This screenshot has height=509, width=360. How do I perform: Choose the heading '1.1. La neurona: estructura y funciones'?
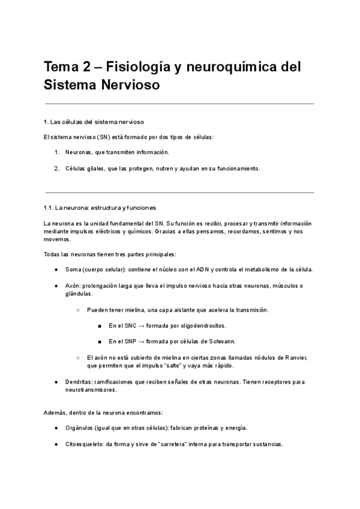pyautogui.click(x=100, y=208)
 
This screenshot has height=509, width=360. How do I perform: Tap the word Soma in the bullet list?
pyautogui.click(x=73, y=270)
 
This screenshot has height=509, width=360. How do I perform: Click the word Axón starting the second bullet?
pyautogui.click(x=73, y=285)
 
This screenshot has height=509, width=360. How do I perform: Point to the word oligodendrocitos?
pyautogui.click(x=199, y=325)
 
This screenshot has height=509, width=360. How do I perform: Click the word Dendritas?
pyautogui.click(x=78, y=382)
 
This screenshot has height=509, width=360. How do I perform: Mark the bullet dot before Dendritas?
pyautogui.click(x=56, y=382)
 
